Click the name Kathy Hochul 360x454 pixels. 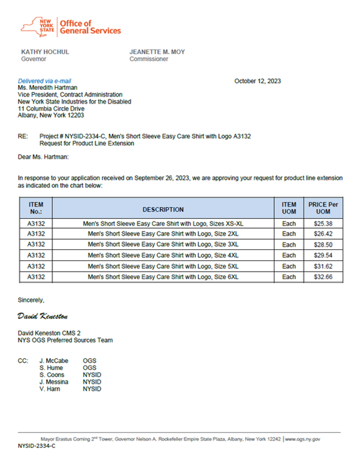45,52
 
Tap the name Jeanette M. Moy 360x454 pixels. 157,52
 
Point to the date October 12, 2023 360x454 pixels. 257,81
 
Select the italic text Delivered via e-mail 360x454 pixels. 44,81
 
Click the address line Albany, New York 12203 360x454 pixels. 51,115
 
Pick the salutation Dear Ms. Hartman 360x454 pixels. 43,157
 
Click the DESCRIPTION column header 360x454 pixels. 163,210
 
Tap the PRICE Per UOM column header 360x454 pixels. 323,208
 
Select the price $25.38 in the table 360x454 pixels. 323,223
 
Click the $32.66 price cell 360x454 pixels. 323,277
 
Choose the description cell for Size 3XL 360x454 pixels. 163,245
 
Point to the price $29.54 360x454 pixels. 323,256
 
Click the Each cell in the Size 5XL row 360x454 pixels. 289,266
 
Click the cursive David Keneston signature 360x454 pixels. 43,316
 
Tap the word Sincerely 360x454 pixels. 31,300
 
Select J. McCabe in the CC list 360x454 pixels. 54,361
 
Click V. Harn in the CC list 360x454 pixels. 51,389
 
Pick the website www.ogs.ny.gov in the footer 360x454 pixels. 303,439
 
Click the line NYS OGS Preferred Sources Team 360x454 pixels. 65,340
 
